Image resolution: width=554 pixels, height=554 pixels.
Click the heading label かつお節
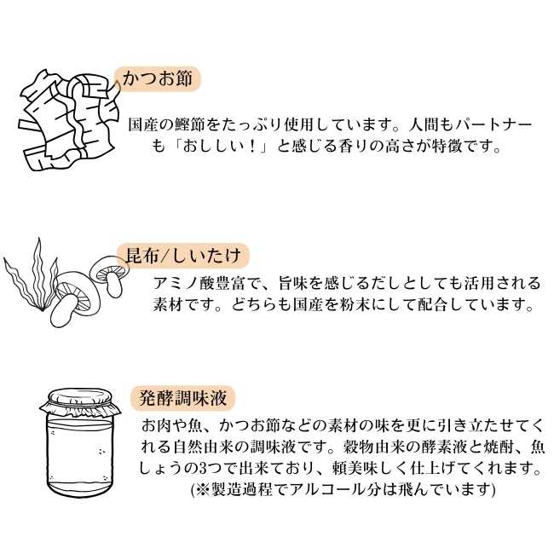[161, 80]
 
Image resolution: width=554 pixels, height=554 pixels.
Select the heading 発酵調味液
[182, 397]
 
